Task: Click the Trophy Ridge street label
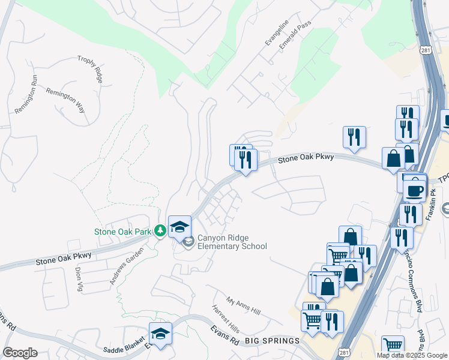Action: click(x=91, y=69)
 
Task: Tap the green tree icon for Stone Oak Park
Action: click(x=160, y=230)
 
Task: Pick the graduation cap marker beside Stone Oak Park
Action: click(x=179, y=226)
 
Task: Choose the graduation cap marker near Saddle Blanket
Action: click(x=160, y=333)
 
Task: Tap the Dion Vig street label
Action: click(x=79, y=280)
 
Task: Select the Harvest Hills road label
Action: click(x=225, y=319)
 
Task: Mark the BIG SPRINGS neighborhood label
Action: click(x=273, y=341)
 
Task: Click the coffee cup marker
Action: click(x=414, y=191)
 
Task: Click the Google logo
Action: click(x=20, y=353)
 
